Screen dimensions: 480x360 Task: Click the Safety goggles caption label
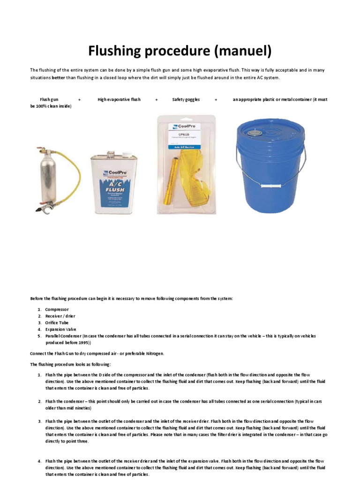tap(186, 99)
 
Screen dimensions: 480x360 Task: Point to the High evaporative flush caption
tap(119, 99)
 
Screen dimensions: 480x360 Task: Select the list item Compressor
tap(57, 309)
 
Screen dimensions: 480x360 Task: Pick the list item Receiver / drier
tap(60, 316)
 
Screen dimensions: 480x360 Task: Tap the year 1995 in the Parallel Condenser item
tap(82, 343)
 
